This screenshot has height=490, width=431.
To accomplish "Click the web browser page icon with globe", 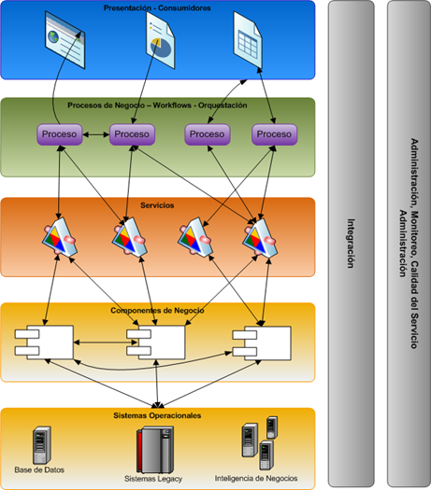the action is [x=65, y=40].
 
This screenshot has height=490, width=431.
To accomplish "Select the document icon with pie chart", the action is [x=160, y=40].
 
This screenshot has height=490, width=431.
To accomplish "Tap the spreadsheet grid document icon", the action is [x=248, y=40].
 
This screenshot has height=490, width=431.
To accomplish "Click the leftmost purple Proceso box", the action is [x=60, y=134].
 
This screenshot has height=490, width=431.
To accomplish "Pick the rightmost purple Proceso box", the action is [x=275, y=134].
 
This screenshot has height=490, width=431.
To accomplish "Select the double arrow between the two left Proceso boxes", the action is [x=95, y=134].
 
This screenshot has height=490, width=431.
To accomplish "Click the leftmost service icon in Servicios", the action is [x=60, y=237].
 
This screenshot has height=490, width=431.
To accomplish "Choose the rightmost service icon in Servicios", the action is [x=260, y=237].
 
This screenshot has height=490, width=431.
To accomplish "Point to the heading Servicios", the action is [x=157, y=205].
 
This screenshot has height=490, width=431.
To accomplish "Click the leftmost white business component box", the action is [x=44, y=343].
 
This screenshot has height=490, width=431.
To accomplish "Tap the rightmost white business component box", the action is [x=262, y=343].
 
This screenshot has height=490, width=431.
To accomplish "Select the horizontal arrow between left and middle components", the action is [x=106, y=343].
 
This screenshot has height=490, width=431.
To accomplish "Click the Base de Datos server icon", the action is [x=42, y=445].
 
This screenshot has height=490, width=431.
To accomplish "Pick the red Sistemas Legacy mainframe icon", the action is [x=154, y=450].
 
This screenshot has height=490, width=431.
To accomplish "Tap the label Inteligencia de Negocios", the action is [x=256, y=478].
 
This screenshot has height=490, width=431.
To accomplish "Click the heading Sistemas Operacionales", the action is [x=157, y=415].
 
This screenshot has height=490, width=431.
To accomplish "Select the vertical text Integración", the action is [x=351, y=243].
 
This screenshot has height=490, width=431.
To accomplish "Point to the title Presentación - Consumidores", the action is [x=157, y=7].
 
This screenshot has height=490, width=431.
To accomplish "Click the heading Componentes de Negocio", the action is [x=157, y=310].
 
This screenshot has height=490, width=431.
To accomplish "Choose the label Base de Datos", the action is [x=39, y=469].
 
